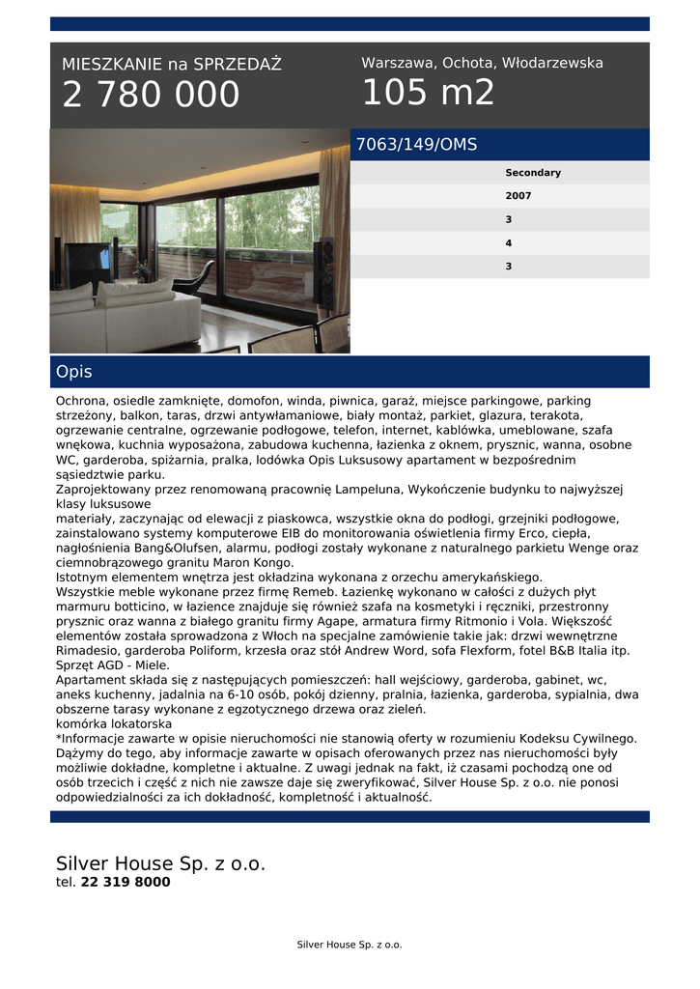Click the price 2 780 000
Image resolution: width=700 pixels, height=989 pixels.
click(x=151, y=96)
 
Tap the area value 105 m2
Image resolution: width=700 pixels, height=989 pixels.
click(x=428, y=93)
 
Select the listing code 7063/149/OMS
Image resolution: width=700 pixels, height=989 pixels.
click(x=416, y=145)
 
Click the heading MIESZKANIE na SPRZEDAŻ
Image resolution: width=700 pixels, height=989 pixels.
click(x=172, y=65)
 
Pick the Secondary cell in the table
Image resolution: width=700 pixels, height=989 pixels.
click(x=532, y=173)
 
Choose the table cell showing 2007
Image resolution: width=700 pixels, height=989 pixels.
click(x=518, y=196)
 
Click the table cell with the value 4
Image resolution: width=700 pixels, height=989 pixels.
click(x=508, y=242)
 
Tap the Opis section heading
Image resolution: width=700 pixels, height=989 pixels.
click(x=74, y=372)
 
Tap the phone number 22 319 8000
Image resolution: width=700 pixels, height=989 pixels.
click(x=126, y=882)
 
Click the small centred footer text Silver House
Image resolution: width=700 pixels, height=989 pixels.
click(x=349, y=945)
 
